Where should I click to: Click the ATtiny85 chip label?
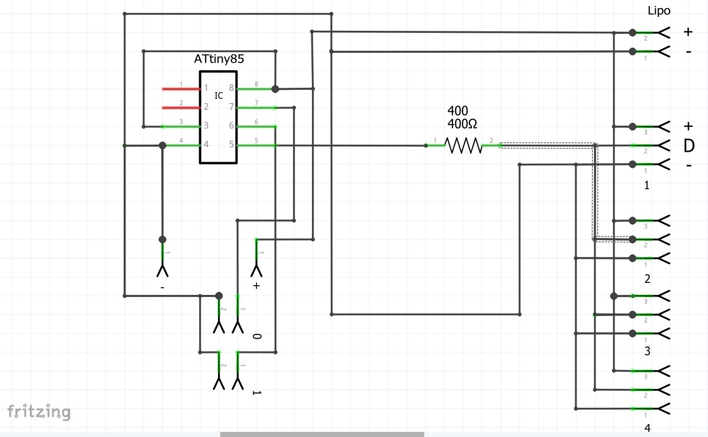(219, 59)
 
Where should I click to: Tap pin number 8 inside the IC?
(231, 88)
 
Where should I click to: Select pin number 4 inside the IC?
(206, 145)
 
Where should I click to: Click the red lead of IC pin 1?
(181, 89)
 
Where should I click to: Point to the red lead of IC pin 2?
(181, 108)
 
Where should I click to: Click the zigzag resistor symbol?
(464, 146)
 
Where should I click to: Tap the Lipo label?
(659, 11)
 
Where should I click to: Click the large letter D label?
(689, 146)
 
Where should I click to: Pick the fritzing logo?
(38, 411)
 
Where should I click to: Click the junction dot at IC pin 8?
(275, 89)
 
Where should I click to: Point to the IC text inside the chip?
(219, 95)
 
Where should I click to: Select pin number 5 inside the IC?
(231, 145)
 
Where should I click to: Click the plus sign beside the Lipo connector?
(688, 32)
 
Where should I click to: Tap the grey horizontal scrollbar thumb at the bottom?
(322, 434)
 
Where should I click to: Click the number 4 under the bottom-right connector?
(647, 428)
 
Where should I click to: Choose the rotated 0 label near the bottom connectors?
(257, 336)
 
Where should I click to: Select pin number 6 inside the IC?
(231, 126)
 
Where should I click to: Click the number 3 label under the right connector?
(647, 351)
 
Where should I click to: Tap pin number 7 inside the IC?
(231, 107)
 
